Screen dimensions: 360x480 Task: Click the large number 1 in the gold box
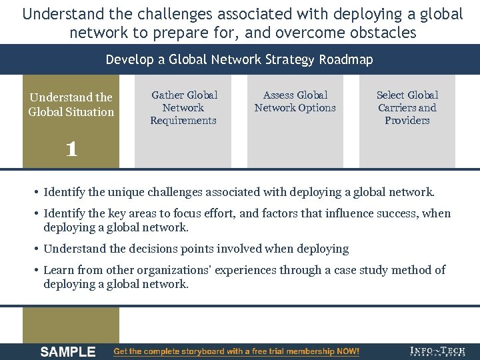[71, 149]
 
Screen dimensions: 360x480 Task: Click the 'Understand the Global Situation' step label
[71, 105]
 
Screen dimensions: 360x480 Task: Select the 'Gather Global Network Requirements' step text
[183, 108]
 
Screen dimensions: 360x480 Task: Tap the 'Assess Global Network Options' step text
[295, 101]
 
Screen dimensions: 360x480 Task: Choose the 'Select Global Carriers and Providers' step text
[407, 108]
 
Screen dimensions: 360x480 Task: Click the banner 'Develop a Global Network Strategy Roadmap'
[239, 60]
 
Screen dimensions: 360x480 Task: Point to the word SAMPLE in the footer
[68, 352]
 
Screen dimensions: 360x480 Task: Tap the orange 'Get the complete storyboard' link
[237, 351]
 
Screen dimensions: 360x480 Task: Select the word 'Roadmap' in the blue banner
[346, 60]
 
